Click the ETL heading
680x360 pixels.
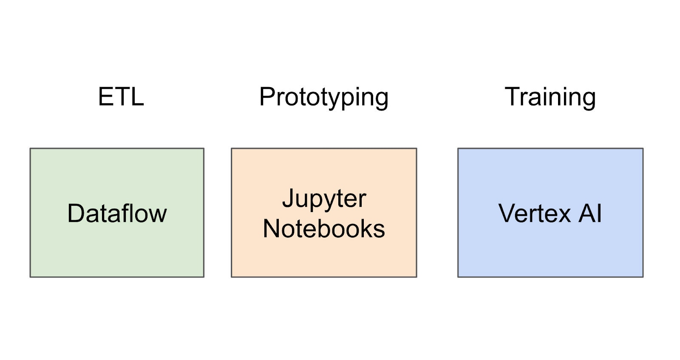point(121,97)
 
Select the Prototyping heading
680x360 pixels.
point(323,98)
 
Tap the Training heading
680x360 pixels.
point(550,98)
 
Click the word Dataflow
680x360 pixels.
point(117,213)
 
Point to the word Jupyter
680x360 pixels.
point(324,199)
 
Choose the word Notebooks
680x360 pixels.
point(324,229)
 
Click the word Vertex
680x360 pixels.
point(534,213)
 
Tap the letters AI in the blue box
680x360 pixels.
point(590,213)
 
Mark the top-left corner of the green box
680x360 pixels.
point(30,148)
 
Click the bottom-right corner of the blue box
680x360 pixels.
point(643,277)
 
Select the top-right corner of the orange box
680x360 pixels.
point(416,148)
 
